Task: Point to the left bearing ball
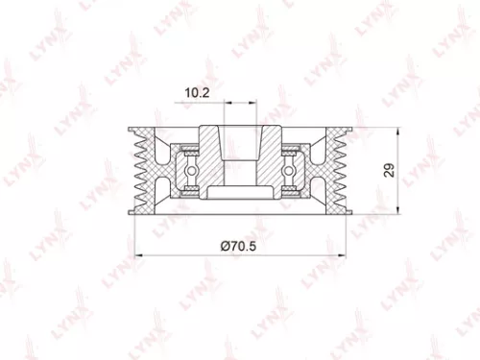tap(191, 171)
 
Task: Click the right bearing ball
tap(291, 171)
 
